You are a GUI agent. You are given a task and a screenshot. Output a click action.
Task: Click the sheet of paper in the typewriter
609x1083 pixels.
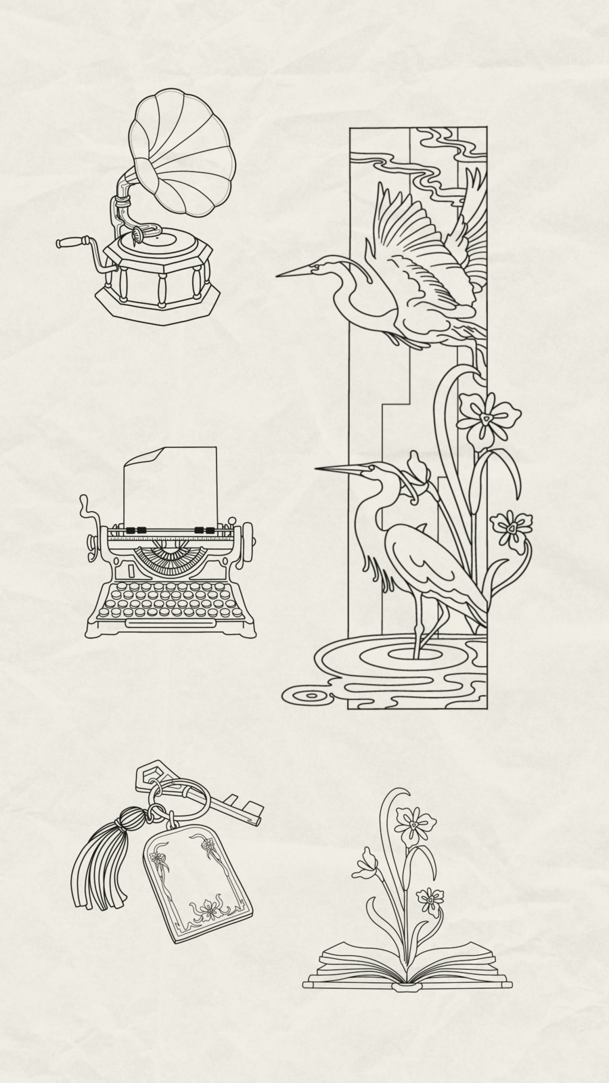click(171, 484)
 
